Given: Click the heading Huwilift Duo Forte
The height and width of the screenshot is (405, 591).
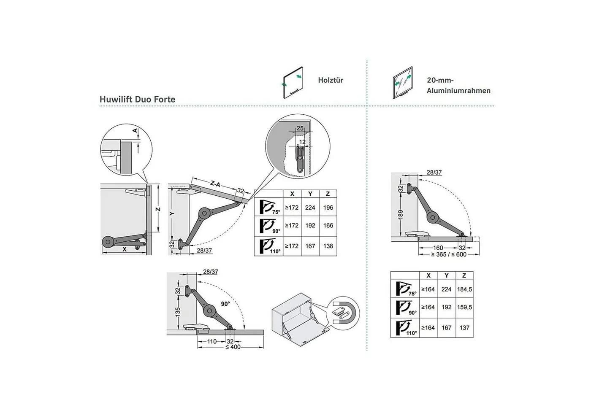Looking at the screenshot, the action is (138, 100).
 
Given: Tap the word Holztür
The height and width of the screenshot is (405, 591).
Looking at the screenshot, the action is (331, 80).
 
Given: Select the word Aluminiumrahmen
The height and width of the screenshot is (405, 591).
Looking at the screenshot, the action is (458, 91).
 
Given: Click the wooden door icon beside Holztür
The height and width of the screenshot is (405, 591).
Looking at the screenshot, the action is (293, 83).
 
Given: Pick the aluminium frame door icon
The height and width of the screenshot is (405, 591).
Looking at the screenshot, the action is (403, 83).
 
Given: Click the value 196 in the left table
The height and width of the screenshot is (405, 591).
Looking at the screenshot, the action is (328, 208).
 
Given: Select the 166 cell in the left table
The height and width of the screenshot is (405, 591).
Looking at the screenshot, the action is (328, 226).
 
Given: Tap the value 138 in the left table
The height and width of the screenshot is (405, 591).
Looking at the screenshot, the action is (328, 246).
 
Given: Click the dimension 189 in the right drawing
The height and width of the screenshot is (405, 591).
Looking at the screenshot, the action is (401, 215).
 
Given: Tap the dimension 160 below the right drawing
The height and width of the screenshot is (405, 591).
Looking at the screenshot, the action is (438, 248).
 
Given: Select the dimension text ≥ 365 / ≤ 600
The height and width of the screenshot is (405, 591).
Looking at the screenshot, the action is (449, 254).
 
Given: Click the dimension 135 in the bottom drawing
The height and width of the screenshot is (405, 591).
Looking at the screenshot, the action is (178, 312).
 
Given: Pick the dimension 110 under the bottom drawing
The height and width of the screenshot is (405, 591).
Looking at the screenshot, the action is (212, 342).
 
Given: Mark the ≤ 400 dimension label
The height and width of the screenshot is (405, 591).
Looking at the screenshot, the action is (233, 347).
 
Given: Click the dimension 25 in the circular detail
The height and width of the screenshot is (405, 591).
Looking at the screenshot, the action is (300, 128).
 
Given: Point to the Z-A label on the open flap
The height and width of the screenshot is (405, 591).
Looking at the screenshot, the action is (215, 184).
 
